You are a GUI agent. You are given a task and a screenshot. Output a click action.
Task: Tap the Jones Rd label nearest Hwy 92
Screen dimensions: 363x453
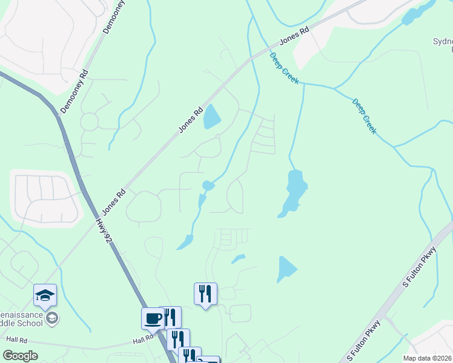click(113, 201)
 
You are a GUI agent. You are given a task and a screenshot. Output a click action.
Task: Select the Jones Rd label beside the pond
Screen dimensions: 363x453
click(190, 120)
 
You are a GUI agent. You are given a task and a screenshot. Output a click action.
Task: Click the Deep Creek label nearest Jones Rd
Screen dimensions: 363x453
click(284, 68)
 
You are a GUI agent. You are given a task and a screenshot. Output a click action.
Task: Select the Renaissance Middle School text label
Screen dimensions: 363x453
click(24, 318)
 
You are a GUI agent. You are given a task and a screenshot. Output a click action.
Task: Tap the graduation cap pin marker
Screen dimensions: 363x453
click(45, 295)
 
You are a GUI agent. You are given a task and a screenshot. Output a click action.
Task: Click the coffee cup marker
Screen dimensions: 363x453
click(153, 318)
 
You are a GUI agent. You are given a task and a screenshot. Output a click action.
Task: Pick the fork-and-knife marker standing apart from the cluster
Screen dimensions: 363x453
click(205, 294)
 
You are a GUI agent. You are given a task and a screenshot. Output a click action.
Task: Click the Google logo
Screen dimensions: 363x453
click(20, 356)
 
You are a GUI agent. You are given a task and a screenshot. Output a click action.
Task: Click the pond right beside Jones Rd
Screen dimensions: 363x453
click(211, 117)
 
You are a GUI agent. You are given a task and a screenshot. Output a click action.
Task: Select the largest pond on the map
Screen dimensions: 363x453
click(293, 191)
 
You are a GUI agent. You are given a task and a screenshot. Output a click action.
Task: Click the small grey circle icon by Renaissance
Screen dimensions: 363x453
click(53, 318)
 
